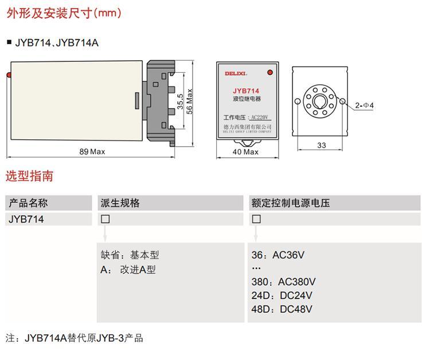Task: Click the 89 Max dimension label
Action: pos(92,151)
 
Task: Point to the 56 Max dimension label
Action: pos(189,101)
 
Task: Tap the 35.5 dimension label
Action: pos(180,101)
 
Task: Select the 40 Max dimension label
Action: pos(245,152)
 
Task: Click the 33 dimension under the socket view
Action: pos(322,145)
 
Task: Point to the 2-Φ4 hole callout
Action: pos(364,105)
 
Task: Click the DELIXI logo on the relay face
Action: pos(236,73)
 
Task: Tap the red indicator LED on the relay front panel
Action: pos(270,72)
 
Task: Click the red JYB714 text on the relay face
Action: pos(246,91)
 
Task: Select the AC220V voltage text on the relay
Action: pos(260,118)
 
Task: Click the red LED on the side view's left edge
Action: pos(9,75)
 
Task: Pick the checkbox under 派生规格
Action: pos(105,219)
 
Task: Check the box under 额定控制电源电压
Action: pos(256,219)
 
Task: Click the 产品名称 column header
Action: pos(28,203)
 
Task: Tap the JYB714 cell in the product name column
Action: pos(26,220)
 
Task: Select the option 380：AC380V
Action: pos(284,282)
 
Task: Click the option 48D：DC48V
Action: pos(282,310)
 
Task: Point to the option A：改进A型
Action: pos(128,270)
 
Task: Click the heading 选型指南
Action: pos(29,176)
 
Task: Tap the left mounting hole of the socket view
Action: pos(298,101)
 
